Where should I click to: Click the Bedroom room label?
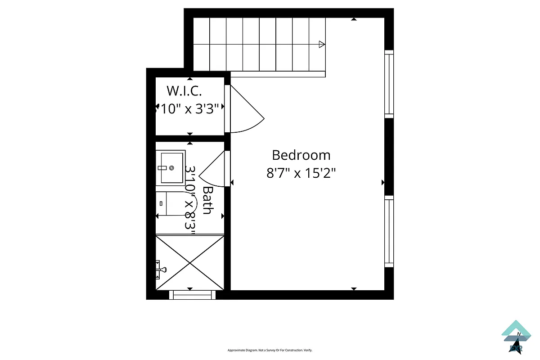pyautogui.click(x=301, y=155)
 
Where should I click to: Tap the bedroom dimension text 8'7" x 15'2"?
pyautogui.click(x=301, y=173)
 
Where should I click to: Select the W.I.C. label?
pyautogui.click(x=184, y=91)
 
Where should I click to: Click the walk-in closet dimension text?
pyautogui.click(x=189, y=108)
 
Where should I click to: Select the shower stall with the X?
pyautogui.click(x=190, y=262)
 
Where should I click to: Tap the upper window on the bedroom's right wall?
pyautogui.click(x=389, y=84)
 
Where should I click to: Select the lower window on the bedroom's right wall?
pyautogui.click(x=389, y=231)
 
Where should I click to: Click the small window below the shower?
pyautogui.click(x=192, y=295)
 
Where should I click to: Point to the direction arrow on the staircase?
pyautogui.click(x=322, y=44)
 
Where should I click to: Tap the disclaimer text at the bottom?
pyautogui.click(x=270, y=350)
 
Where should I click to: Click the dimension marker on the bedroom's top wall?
pyautogui.click(x=354, y=19)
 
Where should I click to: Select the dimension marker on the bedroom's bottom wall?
pyautogui.click(x=354, y=288)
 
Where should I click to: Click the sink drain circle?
pyautogui.click(x=171, y=167)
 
